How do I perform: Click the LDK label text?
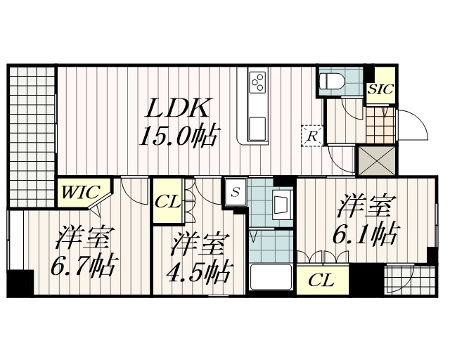click(x=177, y=108)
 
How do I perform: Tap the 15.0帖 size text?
click(x=177, y=135)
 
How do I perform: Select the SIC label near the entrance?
click(x=380, y=89)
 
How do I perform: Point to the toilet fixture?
click(x=330, y=81)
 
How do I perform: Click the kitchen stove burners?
click(x=257, y=81)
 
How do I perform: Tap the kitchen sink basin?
click(x=257, y=127)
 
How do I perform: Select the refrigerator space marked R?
click(x=311, y=134)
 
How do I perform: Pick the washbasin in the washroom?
click(x=283, y=206)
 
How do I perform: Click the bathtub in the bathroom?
click(x=271, y=278)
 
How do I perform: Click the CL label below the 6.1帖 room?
click(x=321, y=281)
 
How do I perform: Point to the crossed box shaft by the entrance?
click(x=375, y=160)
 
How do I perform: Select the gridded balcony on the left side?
click(x=32, y=134)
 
